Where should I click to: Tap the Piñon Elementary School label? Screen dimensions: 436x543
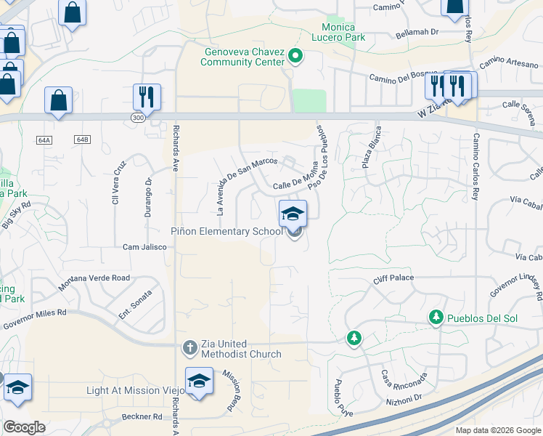pyautogui.click(x=226, y=232)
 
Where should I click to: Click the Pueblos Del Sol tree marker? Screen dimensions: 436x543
pyautogui.click(x=436, y=317)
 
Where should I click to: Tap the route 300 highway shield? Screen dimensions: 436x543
pyautogui.click(x=138, y=117)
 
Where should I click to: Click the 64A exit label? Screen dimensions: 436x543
pyautogui.click(x=45, y=140)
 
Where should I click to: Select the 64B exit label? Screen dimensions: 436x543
pyautogui.click(x=81, y=139)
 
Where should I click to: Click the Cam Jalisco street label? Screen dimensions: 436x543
pyautogui.click(x=144, y=247)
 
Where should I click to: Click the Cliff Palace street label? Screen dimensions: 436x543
pyautogui.click(x=393, y=278)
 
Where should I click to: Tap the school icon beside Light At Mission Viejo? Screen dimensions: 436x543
pyautogui.click(x=199, y=381)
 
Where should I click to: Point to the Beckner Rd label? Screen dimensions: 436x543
pyautogui.click(x=142, y=416)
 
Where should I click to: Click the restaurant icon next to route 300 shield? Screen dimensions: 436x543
pyautogui.click(x=147, y=96)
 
